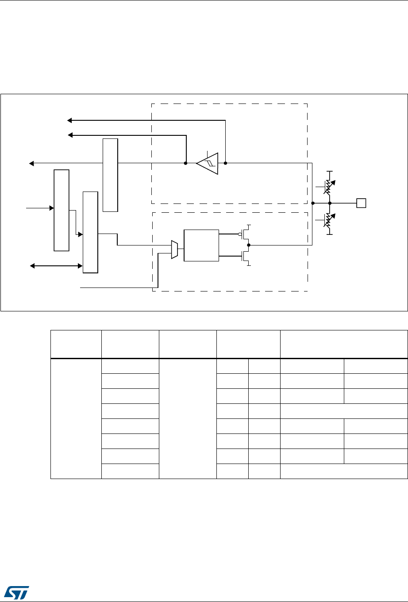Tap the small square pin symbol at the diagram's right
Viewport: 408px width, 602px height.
click(x=361, y=203)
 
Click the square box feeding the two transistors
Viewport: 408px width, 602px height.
click(x=201, y=245)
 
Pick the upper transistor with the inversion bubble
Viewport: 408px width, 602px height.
click(x=246, y=234)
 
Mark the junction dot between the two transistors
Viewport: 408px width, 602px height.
click(x=249, y=245)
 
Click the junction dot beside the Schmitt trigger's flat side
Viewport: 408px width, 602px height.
click(x=225, y=163)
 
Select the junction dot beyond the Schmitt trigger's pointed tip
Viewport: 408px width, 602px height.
click(x=185, y=163)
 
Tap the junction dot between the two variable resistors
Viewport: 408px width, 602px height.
click(x=329, y=203)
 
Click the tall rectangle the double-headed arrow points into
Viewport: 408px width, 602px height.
click(x=90, y=232)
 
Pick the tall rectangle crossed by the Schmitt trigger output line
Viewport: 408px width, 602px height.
click(x=110, y=175)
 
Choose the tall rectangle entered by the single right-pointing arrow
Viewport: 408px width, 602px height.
click(x=62, y=210)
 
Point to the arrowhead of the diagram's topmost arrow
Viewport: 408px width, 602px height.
click(x=69, y=120)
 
